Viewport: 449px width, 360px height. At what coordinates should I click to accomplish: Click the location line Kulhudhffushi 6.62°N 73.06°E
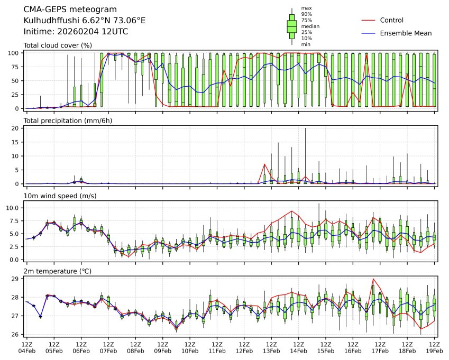(x=85, y=21)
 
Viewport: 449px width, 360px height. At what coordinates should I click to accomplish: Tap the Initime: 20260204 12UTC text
(x=76, y=32)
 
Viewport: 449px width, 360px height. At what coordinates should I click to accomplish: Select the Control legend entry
(x=391, y=21)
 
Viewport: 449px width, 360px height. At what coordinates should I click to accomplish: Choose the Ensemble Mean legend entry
(x=406, y=33)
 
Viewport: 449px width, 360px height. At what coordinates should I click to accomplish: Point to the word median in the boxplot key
(x=310, y=26)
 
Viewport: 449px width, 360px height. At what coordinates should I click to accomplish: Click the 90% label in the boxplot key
(x=306, y=14)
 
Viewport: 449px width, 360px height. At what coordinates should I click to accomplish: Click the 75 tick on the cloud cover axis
(x=16, y=67)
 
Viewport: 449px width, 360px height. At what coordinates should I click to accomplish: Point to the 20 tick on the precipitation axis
(x=16, y=128)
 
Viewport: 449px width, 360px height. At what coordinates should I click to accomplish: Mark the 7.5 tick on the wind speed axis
(x=15, y=220)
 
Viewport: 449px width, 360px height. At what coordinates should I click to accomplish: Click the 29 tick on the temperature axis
(x=16, y=279)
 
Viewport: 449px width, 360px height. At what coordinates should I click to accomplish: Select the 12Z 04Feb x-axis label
(x=27, y=347)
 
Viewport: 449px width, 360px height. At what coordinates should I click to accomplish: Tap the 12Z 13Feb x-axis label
(x=271, y=347)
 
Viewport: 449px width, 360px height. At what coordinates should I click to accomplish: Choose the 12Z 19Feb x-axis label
(x=434, y=347)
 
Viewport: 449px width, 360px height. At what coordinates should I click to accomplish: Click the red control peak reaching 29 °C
(x=373, y=279)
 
